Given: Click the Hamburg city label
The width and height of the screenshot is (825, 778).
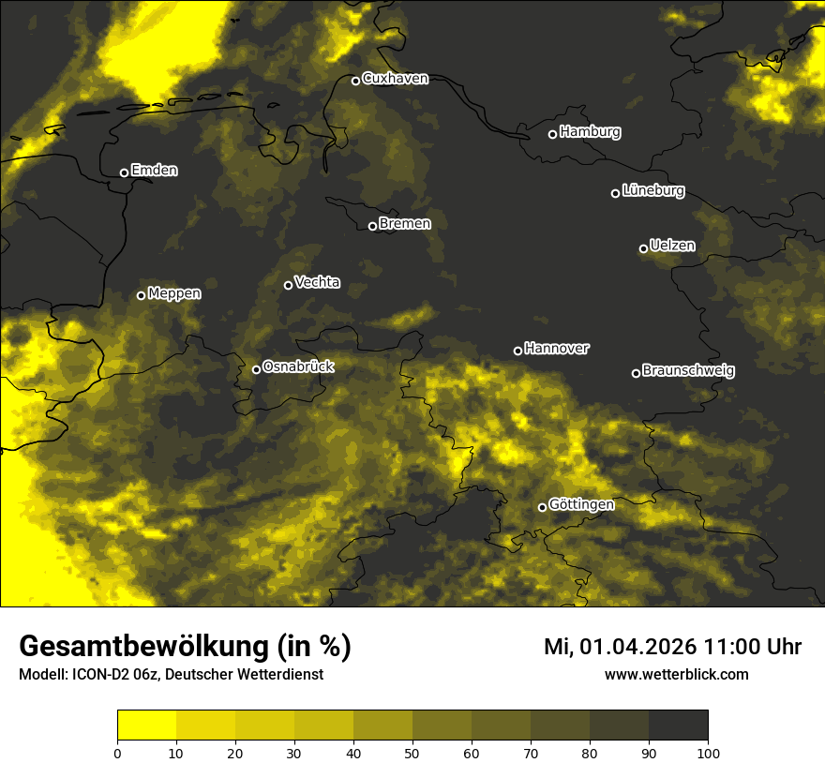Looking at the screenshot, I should [590, 132].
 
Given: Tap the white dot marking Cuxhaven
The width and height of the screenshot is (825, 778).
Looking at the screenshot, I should [355, 81].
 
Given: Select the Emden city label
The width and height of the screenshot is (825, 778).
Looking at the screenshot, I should [154, 171].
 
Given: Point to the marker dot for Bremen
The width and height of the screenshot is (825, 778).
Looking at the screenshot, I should [372, 226].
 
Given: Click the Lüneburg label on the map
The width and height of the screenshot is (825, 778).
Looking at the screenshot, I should [652, 191].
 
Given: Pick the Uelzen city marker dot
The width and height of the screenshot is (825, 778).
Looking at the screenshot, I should [643, 248].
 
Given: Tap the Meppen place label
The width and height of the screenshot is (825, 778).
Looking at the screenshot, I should [173, 293].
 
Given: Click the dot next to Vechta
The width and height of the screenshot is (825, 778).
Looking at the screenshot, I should [288, 285].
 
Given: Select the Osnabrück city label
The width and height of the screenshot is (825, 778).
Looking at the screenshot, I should [297, 367].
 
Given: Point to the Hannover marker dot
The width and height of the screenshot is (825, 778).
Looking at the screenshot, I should [517, 351].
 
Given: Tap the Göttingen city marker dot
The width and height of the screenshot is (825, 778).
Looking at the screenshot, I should [542, 507].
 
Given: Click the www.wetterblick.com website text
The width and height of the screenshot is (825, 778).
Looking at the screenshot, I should [676, 674].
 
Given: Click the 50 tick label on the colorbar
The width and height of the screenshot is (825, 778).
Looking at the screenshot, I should [412, 753].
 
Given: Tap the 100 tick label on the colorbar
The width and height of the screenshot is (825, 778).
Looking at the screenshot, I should [708, 753].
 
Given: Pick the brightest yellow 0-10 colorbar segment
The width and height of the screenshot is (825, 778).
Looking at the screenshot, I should [147, 726].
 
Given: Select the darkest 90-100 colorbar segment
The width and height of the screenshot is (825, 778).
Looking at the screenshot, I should [678, 726].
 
